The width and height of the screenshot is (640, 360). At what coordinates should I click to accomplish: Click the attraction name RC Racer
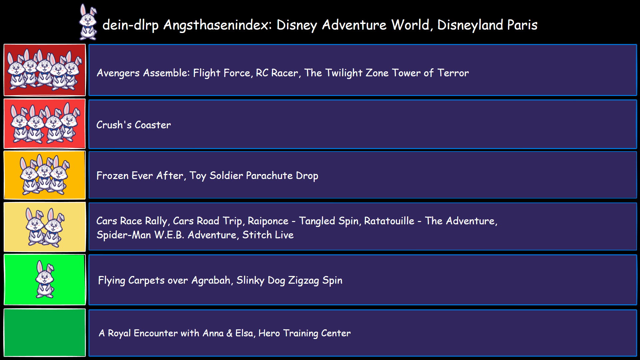277,73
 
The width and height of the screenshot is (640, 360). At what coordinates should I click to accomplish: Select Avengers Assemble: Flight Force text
173,73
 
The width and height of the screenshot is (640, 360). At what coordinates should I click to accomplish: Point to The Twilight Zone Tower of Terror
386,73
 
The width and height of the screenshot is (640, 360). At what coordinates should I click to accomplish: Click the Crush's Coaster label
133,125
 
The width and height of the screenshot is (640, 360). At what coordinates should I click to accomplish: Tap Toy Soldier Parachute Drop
254,175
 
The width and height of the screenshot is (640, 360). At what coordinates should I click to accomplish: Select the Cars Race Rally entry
132,221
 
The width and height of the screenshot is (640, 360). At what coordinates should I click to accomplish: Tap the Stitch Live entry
268,235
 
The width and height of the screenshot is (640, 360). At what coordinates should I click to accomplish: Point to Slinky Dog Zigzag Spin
289,280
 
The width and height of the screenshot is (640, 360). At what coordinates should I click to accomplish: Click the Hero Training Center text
304,333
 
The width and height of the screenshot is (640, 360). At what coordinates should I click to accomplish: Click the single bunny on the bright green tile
45,279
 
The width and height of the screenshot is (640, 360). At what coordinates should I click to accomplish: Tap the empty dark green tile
45,332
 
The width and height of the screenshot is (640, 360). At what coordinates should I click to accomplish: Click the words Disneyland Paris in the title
487,25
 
